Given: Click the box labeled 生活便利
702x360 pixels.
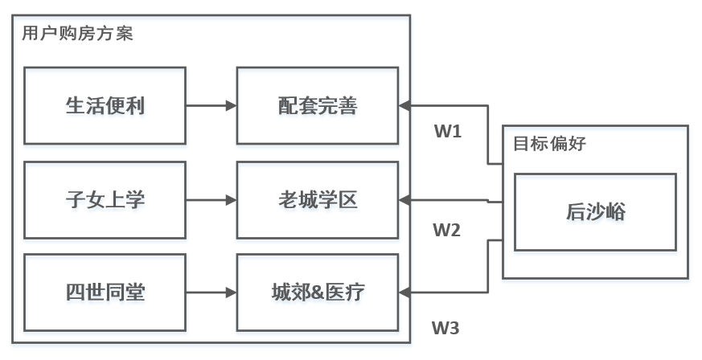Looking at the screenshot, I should point(105,106).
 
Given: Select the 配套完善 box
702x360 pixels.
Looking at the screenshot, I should point(317,106).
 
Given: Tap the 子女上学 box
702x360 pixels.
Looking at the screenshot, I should point(105,200).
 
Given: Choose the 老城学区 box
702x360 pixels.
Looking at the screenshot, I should point(317,200).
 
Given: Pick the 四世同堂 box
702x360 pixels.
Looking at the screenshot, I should point(105,292).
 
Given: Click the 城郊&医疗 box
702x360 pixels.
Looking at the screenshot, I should point(317,292).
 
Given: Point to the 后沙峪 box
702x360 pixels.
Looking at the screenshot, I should point(595,213).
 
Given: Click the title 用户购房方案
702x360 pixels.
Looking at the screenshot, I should point(77,34).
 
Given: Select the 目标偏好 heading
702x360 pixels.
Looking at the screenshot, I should point(549,145).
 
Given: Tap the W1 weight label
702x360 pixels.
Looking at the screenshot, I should point(448,131).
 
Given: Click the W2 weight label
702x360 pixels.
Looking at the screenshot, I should point(447,231).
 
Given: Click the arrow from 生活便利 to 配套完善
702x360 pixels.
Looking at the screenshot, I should point(211,105).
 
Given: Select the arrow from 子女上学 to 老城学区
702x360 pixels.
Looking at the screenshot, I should point(211,200).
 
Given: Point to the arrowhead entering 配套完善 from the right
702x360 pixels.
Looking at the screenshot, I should point(404,105).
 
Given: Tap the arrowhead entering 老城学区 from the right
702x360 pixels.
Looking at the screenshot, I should point(404,200).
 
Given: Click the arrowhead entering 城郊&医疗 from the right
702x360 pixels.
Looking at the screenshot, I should point(404,292).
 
